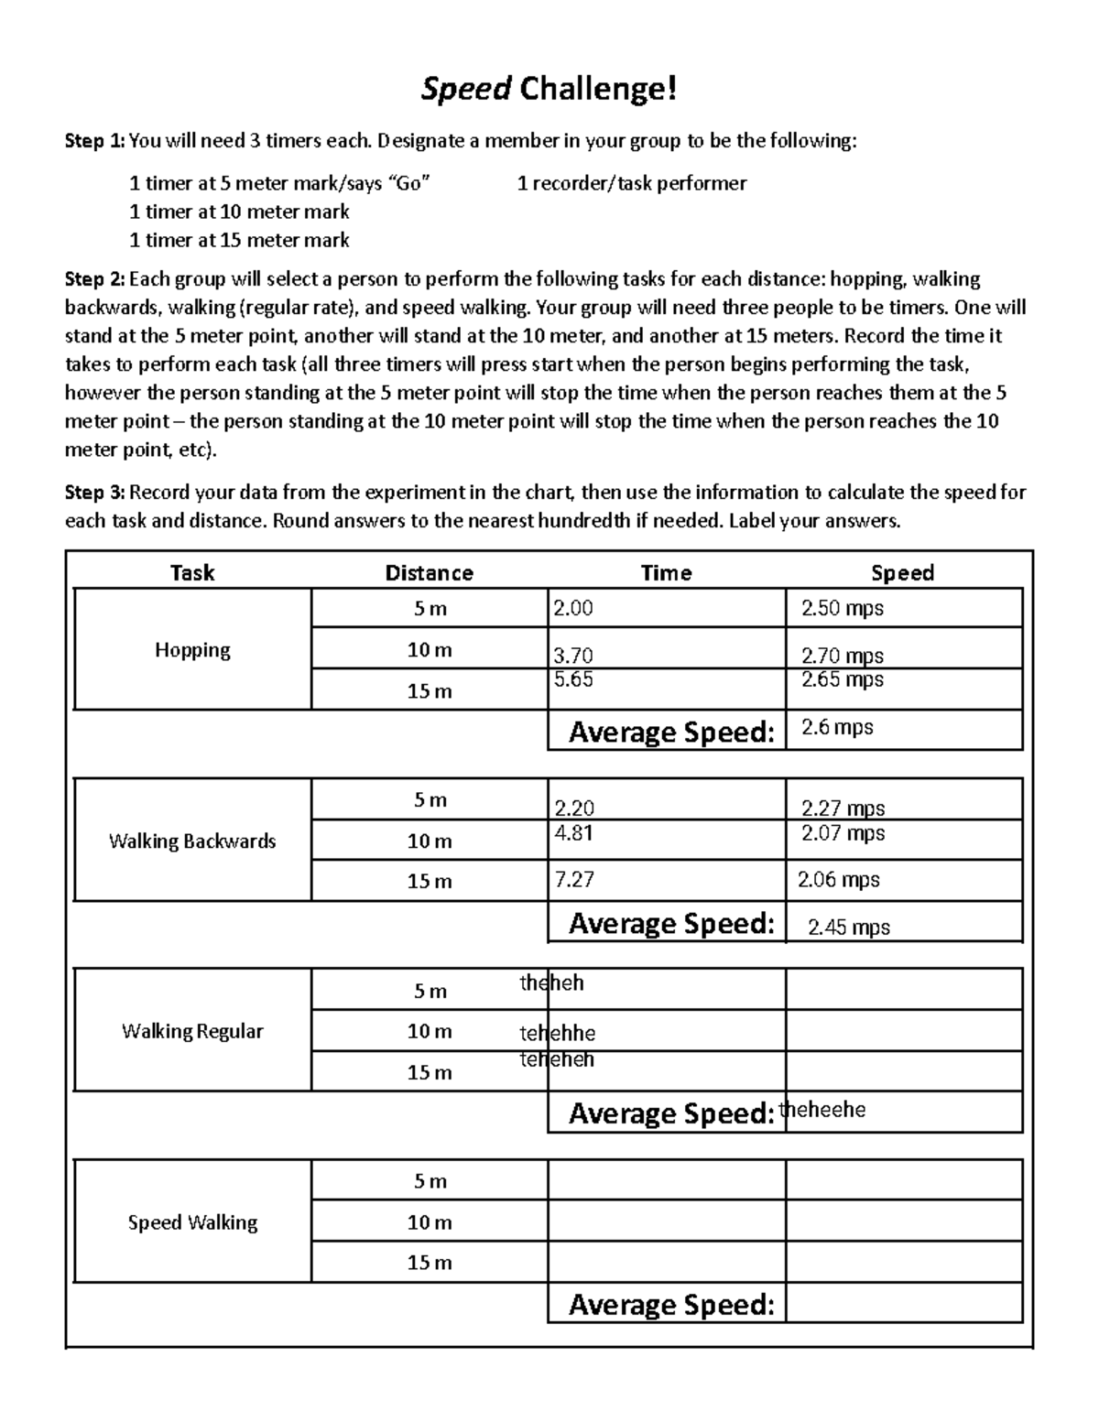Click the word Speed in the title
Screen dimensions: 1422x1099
coord(465,90)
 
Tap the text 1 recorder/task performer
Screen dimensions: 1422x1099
coord(631,183)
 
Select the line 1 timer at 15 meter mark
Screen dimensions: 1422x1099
coord(239,240)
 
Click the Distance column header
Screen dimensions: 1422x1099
coord(429,573)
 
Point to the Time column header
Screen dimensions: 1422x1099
coord(666,573)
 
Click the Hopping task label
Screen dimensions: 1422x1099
coord(192,650)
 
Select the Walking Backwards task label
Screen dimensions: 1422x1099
coord(192,841)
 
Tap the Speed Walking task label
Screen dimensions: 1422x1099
coord(192,1222)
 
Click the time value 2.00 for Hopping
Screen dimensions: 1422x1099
coord(573,608)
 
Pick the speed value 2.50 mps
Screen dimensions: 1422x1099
coord(842,608)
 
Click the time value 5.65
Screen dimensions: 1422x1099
coord(573,679)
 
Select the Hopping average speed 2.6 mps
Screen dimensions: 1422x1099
coord(836,728)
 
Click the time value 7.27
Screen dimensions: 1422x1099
coord(574,880)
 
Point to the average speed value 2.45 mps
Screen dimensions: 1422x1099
coord(848,928)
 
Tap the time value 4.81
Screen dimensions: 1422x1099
coord(573,833)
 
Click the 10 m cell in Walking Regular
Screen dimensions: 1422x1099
coord(429,1031)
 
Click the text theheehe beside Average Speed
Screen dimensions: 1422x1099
coord(822,1110)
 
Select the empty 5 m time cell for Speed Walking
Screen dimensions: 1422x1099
coord(666,1181)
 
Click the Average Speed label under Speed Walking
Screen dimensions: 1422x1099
coord(671,1304)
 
